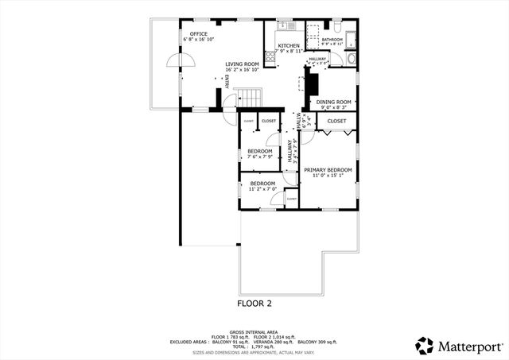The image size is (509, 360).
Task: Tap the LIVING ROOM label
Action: coord(242,64)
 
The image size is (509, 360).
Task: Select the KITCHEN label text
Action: coord(289,46)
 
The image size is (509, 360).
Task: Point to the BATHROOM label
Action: coord(332,39)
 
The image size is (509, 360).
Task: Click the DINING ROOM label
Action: coord(334,102)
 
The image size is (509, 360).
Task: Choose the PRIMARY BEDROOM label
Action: coord(328,169)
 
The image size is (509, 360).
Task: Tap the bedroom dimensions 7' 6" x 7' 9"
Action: coord(259,157)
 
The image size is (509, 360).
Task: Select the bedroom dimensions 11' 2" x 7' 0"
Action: coord(262,190)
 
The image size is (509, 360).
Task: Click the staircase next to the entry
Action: coord(251,98)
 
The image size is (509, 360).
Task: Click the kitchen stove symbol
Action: coord(270,56)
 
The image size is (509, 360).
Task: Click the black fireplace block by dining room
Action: coord(313,83)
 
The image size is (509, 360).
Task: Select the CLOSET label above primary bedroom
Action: coord(337,121)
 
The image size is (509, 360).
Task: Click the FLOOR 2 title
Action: coord(254,303)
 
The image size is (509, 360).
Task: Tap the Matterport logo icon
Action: coord(425,345)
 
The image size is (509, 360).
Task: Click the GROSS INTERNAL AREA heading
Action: coord(254,331)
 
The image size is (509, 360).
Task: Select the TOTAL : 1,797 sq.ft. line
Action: coord(254,346)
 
